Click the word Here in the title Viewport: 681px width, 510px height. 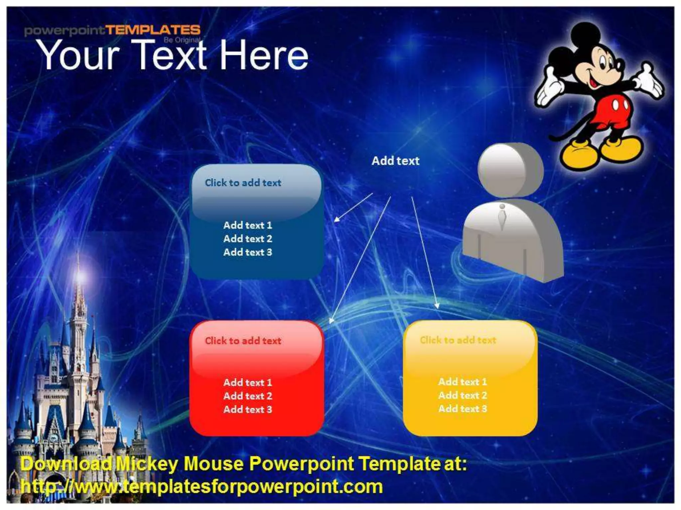264,55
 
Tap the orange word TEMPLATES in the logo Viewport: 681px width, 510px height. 153,30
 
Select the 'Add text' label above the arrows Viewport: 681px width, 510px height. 395,161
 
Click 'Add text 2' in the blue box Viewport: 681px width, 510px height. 248,239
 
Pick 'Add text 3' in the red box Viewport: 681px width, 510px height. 248,409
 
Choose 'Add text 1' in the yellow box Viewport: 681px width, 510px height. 463,382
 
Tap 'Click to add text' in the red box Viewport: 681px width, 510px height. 243,341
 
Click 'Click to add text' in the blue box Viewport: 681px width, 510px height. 243,183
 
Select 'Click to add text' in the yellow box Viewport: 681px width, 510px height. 458,340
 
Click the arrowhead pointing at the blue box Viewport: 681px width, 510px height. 337,219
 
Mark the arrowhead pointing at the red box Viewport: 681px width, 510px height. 331,320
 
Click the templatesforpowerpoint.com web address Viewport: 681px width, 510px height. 202,487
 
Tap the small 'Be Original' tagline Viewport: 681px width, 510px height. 182,41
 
